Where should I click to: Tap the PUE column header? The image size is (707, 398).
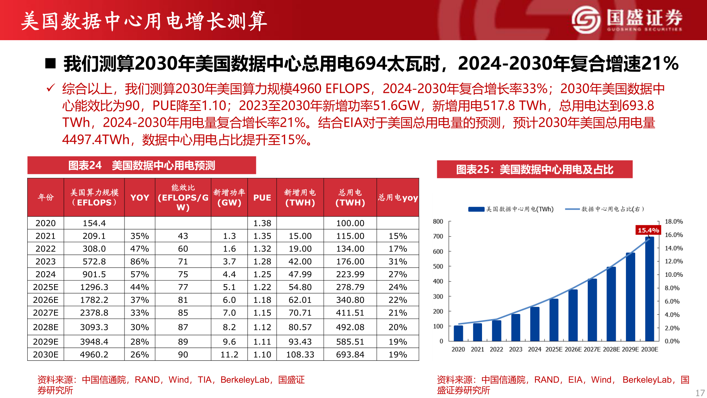click(262, 198)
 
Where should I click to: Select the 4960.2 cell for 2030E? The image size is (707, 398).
click(94, 355)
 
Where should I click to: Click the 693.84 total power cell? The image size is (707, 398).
click(350, 355)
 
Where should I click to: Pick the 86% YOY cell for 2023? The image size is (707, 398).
click(140, 262)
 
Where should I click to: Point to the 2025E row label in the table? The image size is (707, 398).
click(46, 287)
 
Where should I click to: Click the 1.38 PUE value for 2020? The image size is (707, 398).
click(262, 223)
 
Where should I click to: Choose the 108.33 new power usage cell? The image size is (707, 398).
click(300, 355)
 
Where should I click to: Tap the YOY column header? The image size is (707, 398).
click(140, 198)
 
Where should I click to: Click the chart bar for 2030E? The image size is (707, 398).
click(650, 289)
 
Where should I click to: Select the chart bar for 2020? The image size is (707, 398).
click(458, 333)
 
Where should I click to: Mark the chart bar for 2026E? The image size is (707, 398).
click(573, 315)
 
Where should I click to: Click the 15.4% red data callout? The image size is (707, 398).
click(648, 230)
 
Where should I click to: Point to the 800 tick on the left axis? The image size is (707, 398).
click(438, 221)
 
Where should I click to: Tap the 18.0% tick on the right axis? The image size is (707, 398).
click(673, 221)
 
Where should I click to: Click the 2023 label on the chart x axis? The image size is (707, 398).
click(516, 349)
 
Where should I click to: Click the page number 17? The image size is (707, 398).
click(700, 393)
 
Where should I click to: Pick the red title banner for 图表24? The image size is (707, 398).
click(142, 165)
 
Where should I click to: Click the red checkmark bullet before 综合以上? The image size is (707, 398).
click(50, 88)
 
